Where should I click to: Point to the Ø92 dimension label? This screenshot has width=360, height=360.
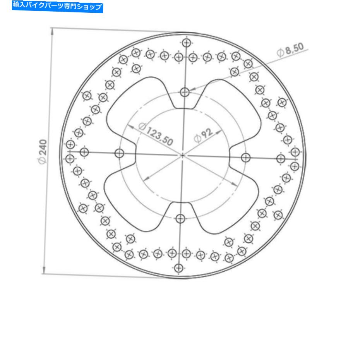pyautogui.click(x=204, y=135)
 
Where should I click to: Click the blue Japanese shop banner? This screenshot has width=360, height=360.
pyautogui.click(x=57, y=7)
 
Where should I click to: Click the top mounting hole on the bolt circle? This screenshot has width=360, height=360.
pyautogui.click(x=185, y=92)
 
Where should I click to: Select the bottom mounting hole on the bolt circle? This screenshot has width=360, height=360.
pyautogui.click(x=180, y=219)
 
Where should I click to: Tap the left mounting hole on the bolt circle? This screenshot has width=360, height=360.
pyautogui.click(x=120, y=153)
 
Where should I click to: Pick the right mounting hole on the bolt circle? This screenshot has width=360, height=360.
pyautogui.click(x=246, y=158)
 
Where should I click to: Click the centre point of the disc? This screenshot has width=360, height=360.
pyautogui.click(x=183, y=155)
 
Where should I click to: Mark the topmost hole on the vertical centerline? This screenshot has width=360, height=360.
pyautogui.click(x=187, y=43)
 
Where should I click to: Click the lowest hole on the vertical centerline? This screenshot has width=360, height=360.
pyautogui.click(x=178, y=267)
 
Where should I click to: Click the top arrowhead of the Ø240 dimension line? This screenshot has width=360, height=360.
pyautogui.click(x=52, y=31)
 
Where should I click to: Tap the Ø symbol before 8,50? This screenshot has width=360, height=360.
pyautogui.click(x=280, y=53)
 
